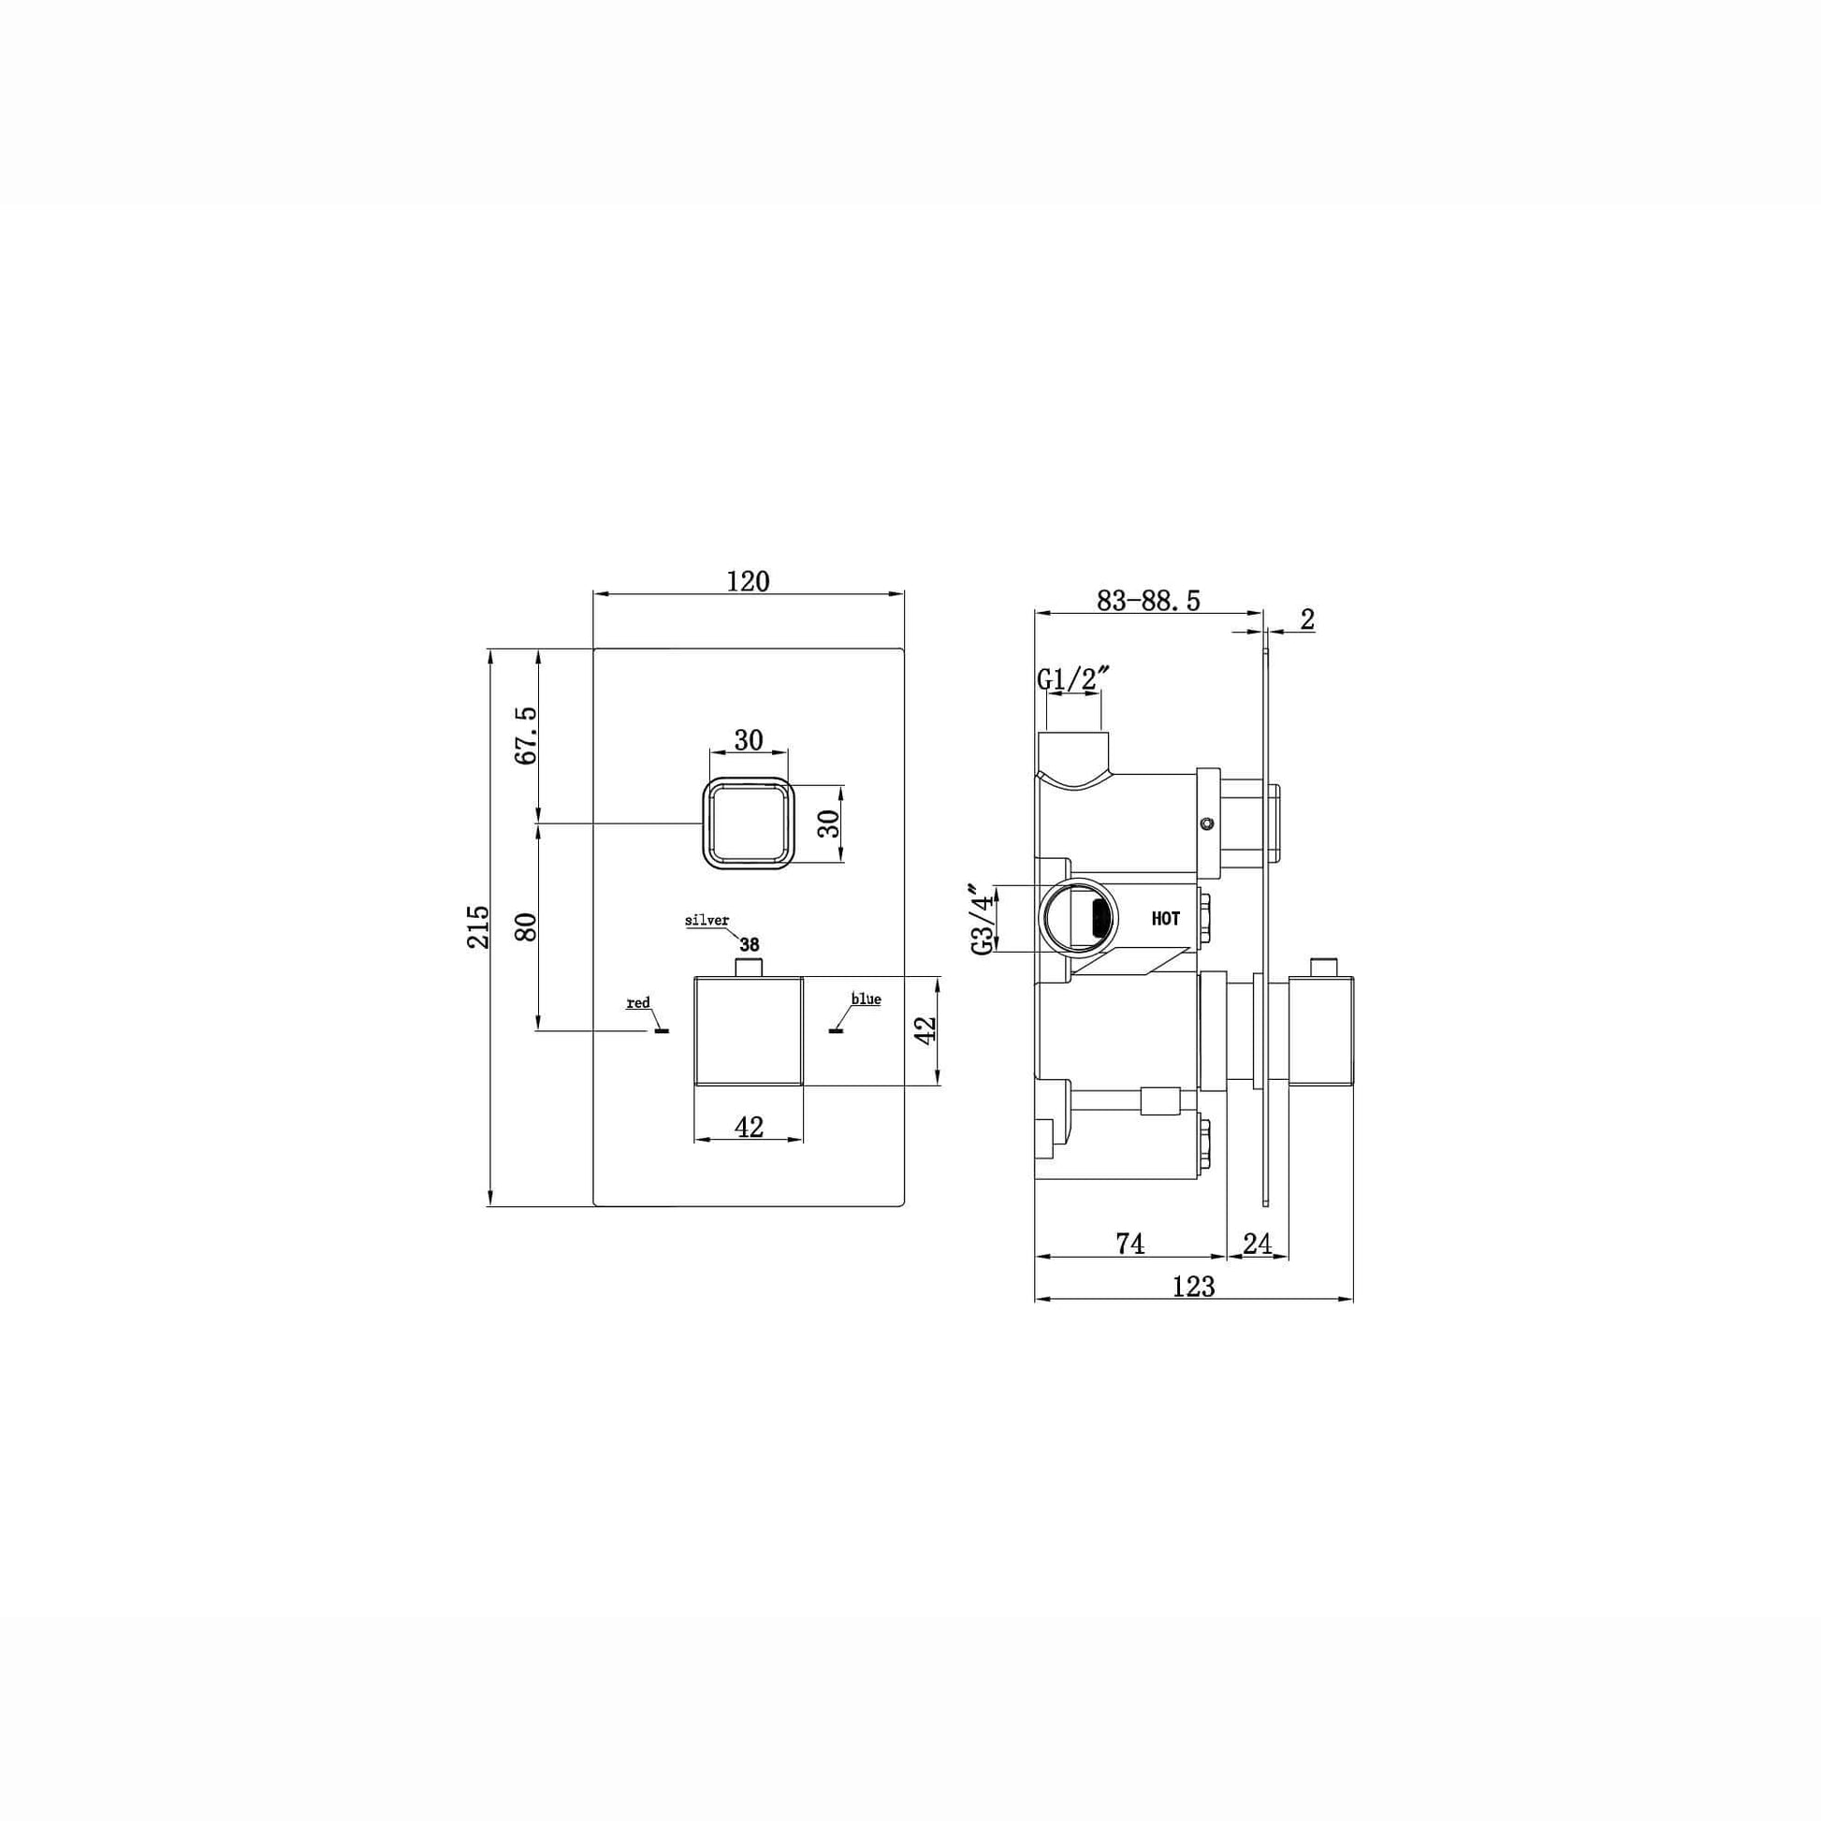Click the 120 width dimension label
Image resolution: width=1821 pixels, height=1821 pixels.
tap(748, 581)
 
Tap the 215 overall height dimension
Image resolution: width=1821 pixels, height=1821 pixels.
tap(479, 926)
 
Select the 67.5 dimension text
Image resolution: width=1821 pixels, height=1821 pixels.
tap(526, 736)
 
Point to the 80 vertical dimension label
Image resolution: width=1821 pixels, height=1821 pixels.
tap(526, 926)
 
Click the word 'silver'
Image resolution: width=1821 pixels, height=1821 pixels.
tap(707, 921)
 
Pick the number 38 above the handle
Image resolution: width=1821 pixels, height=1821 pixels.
tap(750, 944)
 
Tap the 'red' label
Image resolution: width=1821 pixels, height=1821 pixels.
tap(638, 1003)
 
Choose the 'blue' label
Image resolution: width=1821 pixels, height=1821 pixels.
tap(866, 999)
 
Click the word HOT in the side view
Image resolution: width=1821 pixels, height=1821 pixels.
tap(1165, 919)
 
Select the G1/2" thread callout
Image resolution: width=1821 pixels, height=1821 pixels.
tap(1073, 678)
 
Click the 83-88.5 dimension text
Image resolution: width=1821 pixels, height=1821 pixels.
tap(1148, 602)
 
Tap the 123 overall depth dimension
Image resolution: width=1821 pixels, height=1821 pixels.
tap(1193, 1286)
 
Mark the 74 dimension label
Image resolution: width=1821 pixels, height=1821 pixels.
tap(1130, 1245)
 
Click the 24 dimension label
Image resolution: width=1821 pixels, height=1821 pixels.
tap(1257, 1245)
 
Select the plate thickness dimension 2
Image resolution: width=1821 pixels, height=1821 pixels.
tap(1306, 619)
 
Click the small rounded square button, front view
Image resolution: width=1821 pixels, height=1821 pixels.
tap(749, 823)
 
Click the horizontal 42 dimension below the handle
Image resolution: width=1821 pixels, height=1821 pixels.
tap(749, 1127)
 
